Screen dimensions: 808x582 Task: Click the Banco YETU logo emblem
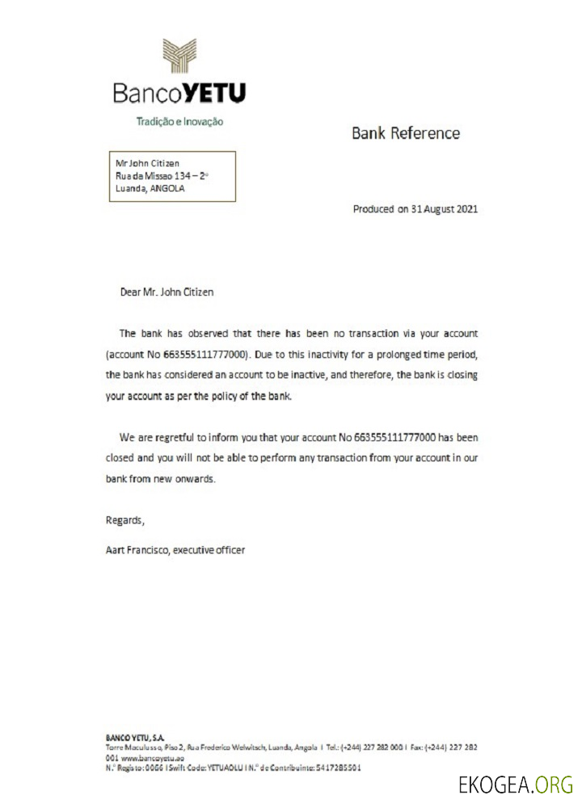(180, 56)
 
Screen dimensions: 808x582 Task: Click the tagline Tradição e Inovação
(179, 122)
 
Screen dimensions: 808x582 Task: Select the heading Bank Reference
(405, 133)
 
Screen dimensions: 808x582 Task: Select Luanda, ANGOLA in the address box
(150, 189)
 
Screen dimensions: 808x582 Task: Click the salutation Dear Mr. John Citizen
(167, 292)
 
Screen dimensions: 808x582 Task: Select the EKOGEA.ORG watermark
(516, 785)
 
